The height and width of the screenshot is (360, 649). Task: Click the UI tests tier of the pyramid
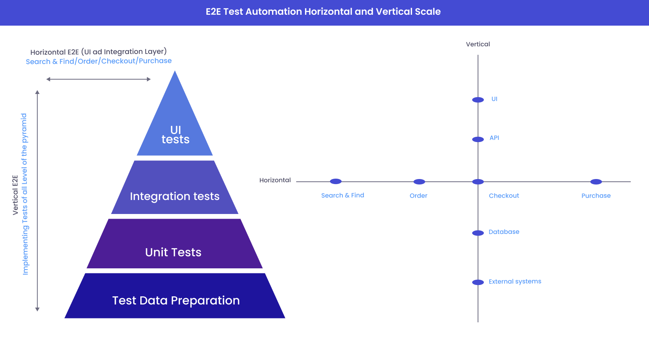point(175,134)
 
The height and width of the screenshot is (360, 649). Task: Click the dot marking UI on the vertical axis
point(478,100)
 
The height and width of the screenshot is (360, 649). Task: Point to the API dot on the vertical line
point(478,139)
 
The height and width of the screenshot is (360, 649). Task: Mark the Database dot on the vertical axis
point(478,233)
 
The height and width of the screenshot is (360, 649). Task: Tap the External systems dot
point(478,282)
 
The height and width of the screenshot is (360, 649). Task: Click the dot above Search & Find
point(336,181)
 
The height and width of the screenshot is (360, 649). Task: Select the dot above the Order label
point(419,182)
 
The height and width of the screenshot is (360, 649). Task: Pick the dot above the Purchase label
point(596,182)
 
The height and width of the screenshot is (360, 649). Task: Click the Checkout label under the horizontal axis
point(504,196)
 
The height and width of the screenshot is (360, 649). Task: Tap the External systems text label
point(515,282)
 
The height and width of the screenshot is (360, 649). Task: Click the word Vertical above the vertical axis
point(478,44)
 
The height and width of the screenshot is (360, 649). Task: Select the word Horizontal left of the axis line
point(275,180)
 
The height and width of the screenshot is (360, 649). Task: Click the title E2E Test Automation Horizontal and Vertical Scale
point(323,12)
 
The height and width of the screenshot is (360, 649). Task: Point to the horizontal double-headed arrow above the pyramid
point(98,79)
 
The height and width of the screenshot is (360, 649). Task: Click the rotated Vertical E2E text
point(16,195)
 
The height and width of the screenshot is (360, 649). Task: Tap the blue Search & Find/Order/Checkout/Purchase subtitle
point(99,61)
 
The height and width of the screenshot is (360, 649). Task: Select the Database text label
point(504,232)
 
